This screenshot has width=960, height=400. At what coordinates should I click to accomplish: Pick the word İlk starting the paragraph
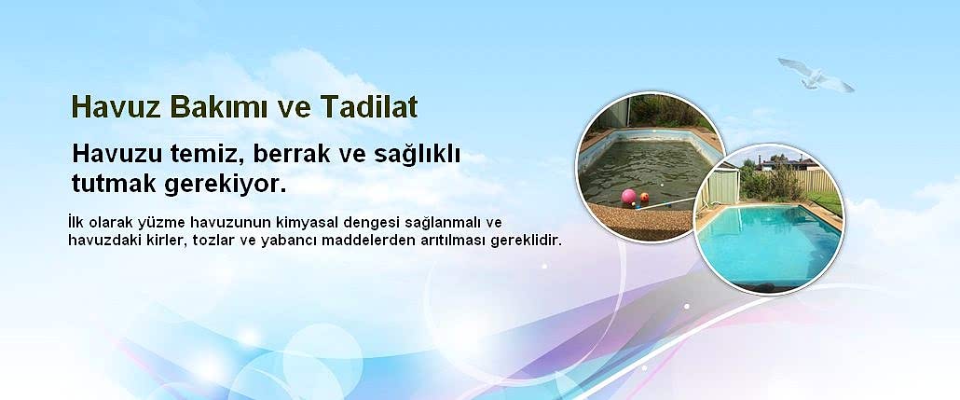[x=78, y=223]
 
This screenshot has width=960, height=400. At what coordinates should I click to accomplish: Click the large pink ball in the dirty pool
[x=628, y=197]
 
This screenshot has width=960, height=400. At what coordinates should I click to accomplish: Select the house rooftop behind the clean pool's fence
[x=789, y=162]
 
